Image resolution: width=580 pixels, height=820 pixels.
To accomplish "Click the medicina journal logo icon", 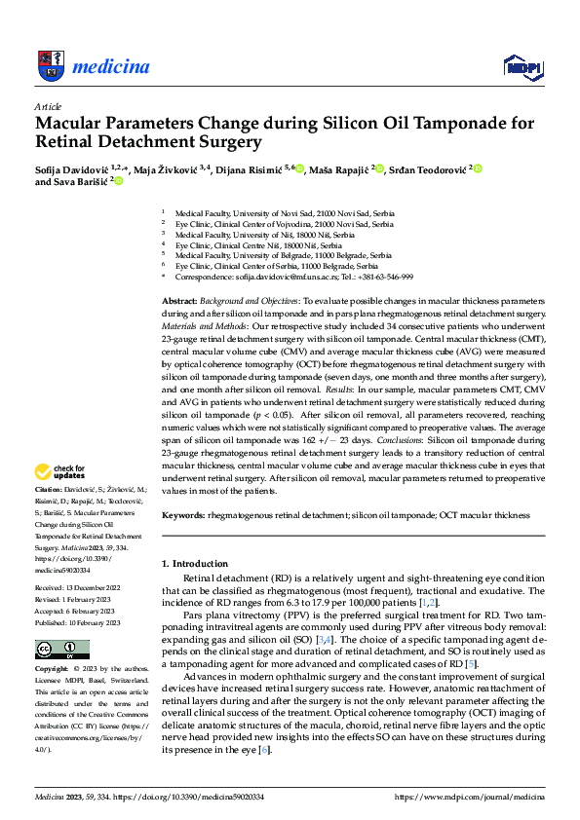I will point(51,65).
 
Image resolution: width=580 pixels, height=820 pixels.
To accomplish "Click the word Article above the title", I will point(48,106).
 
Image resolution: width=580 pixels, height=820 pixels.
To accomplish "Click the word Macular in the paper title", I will point(76,124).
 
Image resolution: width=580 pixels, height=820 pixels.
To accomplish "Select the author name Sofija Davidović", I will point(74,168).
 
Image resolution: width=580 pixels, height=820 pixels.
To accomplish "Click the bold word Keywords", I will point(182,512).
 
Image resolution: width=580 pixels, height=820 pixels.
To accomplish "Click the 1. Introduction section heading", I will point(195,564).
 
